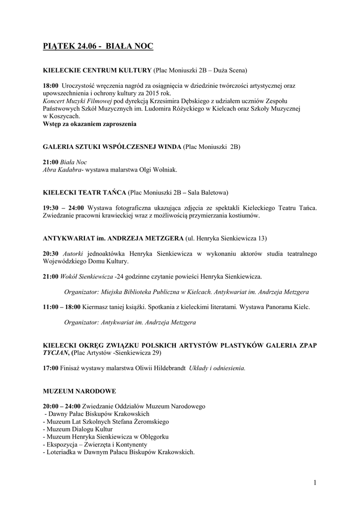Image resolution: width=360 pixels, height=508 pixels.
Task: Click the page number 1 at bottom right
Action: (x=315, y=483)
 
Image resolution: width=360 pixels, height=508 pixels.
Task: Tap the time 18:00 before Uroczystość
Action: (x=51, y=86)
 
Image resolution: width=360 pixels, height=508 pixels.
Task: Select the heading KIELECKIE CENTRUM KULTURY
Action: (x=97, y=70)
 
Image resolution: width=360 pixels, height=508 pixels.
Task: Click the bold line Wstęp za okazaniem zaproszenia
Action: (x=89, y=124)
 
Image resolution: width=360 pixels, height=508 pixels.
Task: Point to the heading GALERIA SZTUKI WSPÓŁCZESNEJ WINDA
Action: (x=112, y=147)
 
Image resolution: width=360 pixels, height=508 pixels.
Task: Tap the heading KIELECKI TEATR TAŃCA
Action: (x=85, y=192)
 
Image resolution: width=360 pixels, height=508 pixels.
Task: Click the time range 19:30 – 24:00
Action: (x=64, y=207)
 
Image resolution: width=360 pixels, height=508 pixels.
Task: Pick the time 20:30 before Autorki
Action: (x=51, y=254)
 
